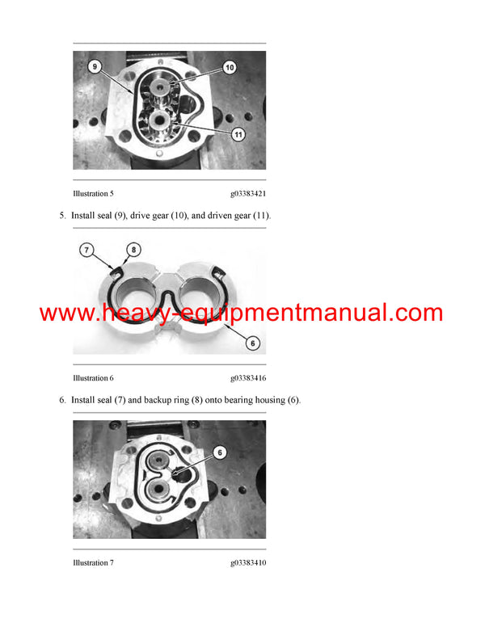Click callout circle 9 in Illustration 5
coord(95,68)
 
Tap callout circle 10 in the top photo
coord(229,68)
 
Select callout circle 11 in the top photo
coord(238,135)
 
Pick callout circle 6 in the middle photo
coord(252,343)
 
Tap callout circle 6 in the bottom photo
coord(220,452)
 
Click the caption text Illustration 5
coord(93,194)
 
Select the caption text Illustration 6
coord(93,378)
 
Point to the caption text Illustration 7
coord(93,562)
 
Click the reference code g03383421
coord(247,194)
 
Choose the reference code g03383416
coord(247,378)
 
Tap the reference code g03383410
coord(247,562)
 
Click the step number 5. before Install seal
coord(62,216)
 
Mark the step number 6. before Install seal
coord(62,400)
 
